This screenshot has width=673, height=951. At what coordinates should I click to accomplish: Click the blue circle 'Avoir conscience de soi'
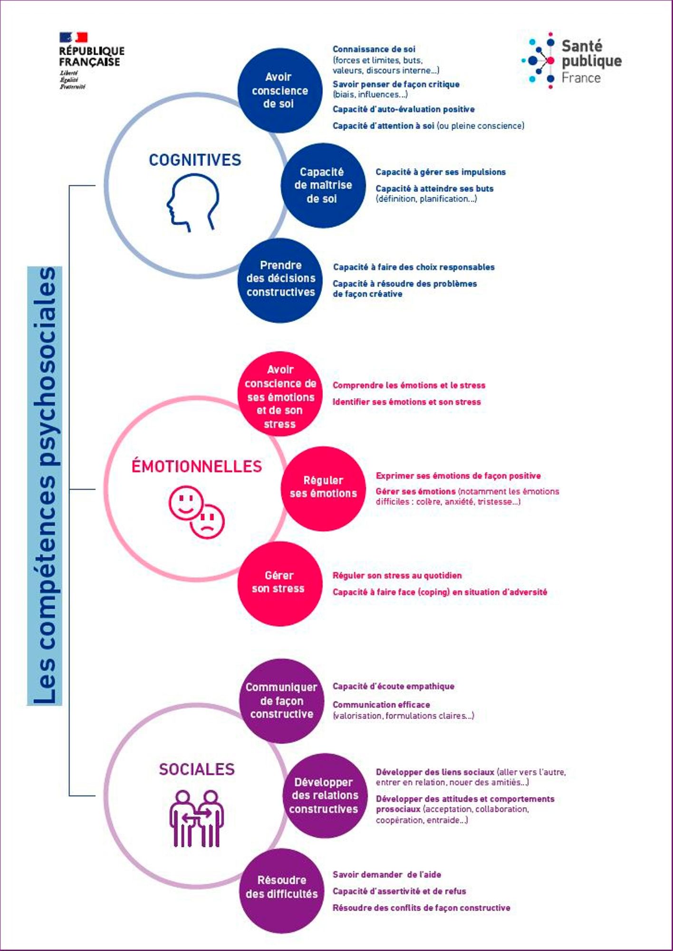280,90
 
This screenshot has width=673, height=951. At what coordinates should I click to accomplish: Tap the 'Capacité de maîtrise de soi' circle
323,185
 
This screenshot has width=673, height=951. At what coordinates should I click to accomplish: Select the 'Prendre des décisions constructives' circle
280,281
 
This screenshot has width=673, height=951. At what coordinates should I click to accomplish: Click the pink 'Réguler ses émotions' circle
323,488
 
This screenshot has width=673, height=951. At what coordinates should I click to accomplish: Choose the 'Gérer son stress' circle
280,583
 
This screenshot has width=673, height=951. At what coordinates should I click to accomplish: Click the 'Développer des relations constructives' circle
324,796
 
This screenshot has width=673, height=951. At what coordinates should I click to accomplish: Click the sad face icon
207,522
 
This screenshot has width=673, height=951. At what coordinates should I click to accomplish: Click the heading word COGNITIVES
195,160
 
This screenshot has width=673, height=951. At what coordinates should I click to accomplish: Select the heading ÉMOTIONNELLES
197,466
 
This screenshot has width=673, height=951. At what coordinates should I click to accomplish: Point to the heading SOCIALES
197,769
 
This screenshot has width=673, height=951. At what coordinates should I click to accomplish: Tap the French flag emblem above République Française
74,37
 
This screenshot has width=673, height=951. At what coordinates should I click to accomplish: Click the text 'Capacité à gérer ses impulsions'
441,172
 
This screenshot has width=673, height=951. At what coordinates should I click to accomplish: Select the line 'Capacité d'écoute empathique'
394,686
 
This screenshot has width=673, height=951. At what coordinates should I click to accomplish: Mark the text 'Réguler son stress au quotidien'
397,575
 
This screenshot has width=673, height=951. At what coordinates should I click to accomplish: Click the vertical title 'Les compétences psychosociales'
45,485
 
